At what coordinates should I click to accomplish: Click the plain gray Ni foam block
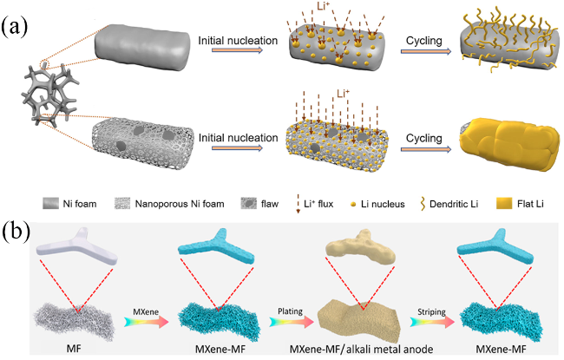tap(141, 48)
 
